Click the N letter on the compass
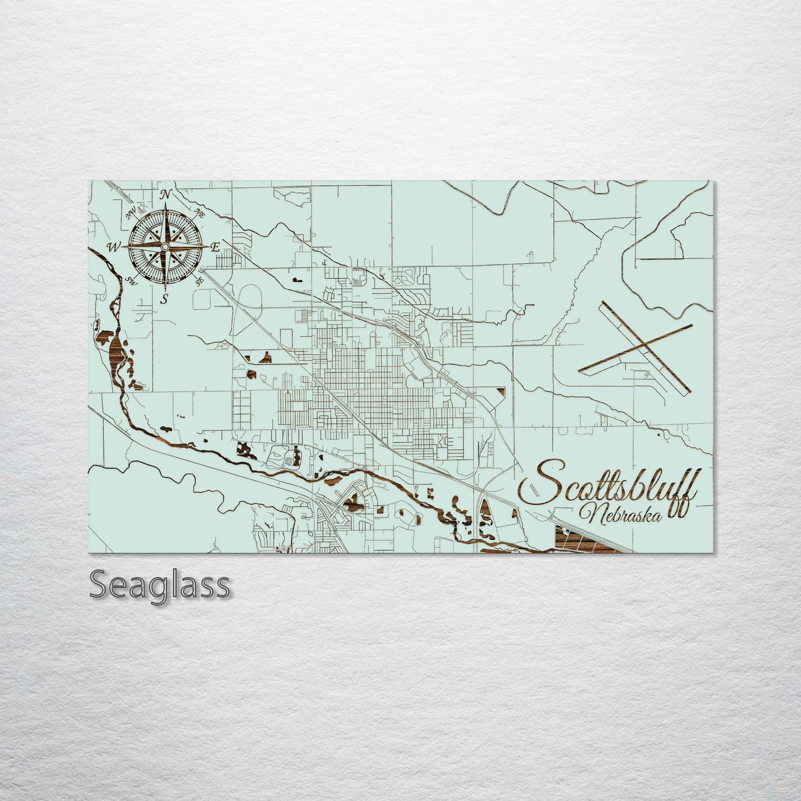tap(165, 194)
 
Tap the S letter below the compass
tap(165, 300)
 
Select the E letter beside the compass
tap(216, 247)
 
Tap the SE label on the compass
tap(200, 281)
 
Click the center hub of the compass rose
tap(165, 246)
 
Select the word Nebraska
tap(620, 516)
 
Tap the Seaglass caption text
tap(160, 585)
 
